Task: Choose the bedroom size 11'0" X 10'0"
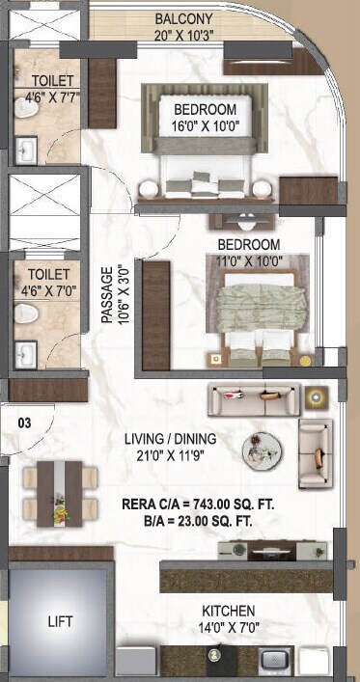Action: click(248, 259)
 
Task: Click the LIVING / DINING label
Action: click(170, 439)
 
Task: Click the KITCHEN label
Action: click(228, 612)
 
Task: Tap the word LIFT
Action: click(60, 622)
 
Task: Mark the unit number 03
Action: click(24, 421)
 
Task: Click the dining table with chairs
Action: click(60, 492)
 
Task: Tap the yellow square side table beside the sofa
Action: click(316, 396)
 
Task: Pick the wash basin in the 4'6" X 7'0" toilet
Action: click(25, 354)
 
